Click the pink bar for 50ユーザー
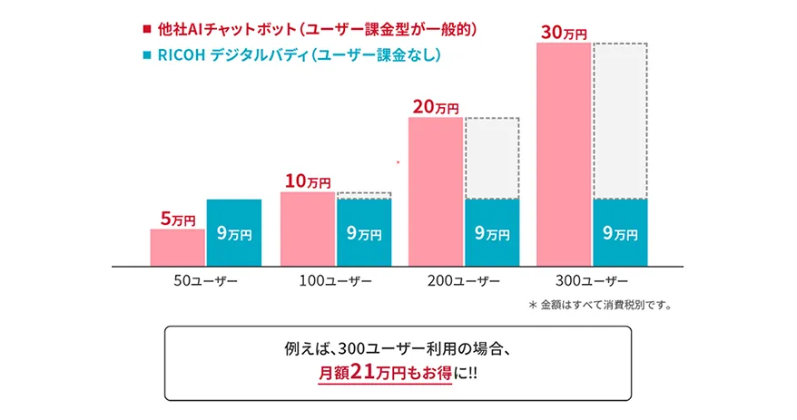tap(177, 247)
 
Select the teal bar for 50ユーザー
tap(233, 232)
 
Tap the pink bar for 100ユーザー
tap(308, 229)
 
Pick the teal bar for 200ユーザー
tap(491, 232)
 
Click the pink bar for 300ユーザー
tap(565, 154)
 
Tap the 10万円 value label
tap(307, 181)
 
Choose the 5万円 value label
tap(178, 219)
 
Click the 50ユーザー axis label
tap(206, 280)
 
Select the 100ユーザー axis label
tap(335, 280)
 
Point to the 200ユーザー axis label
tap(463, 280)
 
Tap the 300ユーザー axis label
tap(592, 280)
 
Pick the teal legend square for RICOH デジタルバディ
tap(147, 56)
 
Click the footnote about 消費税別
tap(599, 305)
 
